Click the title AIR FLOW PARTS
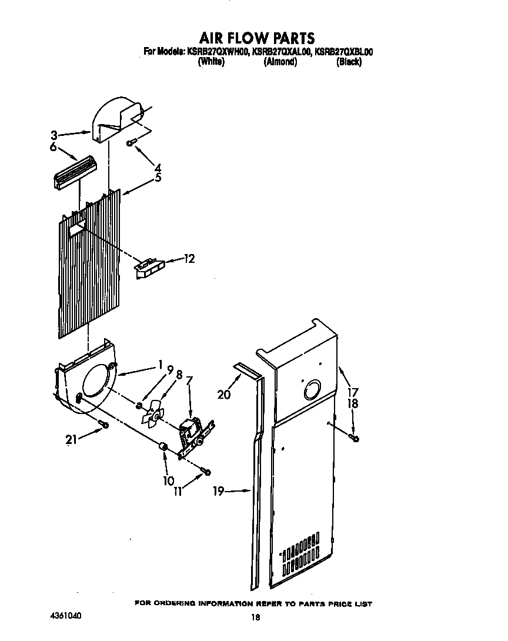coord(257,39)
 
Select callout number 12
coord(189,258)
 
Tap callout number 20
coord(223,395)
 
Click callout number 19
coord(219,491)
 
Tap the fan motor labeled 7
coord(192,432)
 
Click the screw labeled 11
coord(206,470)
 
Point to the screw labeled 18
coord(355,437)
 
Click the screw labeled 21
coord(105,425)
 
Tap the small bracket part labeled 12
coord(149,268)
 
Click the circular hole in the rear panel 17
coord(311,390)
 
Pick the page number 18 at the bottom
coord(255,617)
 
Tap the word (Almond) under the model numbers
coord(280,62)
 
